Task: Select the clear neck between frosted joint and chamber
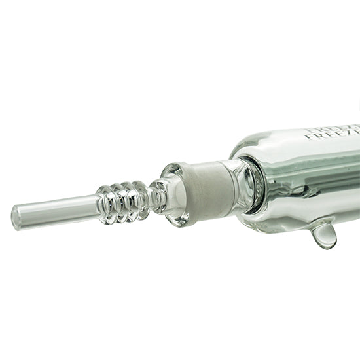[242, 186]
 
